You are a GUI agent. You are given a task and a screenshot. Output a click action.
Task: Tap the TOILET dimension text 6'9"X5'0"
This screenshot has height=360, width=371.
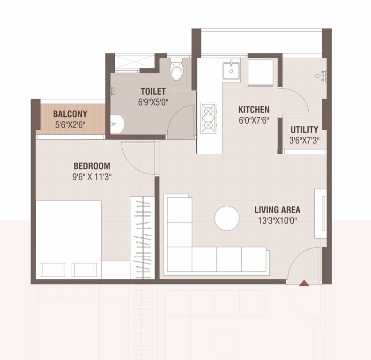(153, 101)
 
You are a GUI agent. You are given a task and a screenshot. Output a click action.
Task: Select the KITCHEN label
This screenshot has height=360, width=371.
(254, 110)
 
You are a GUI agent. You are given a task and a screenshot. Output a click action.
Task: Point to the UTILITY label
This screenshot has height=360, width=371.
(304, 129)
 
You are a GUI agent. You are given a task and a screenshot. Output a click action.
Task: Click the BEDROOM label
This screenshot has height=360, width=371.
(92, 166)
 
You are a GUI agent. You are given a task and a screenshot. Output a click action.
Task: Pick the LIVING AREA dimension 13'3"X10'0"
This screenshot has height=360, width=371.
(277, 219)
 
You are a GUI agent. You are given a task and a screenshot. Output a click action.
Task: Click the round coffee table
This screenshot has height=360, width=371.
(227, 218)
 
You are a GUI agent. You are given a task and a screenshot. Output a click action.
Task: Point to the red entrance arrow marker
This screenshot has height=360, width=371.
(304, 283)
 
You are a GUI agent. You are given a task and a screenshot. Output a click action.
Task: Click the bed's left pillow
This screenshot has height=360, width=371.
(52, 270)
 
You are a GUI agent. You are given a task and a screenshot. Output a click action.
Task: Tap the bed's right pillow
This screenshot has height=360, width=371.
(84, 270)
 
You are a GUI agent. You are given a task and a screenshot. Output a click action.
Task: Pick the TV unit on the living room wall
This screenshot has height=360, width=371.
(320, 210)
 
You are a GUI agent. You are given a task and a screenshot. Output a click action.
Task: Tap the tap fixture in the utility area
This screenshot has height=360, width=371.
(322, 74)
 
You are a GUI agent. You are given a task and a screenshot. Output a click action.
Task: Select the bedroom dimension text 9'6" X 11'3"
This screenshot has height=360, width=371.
(92, 177)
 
